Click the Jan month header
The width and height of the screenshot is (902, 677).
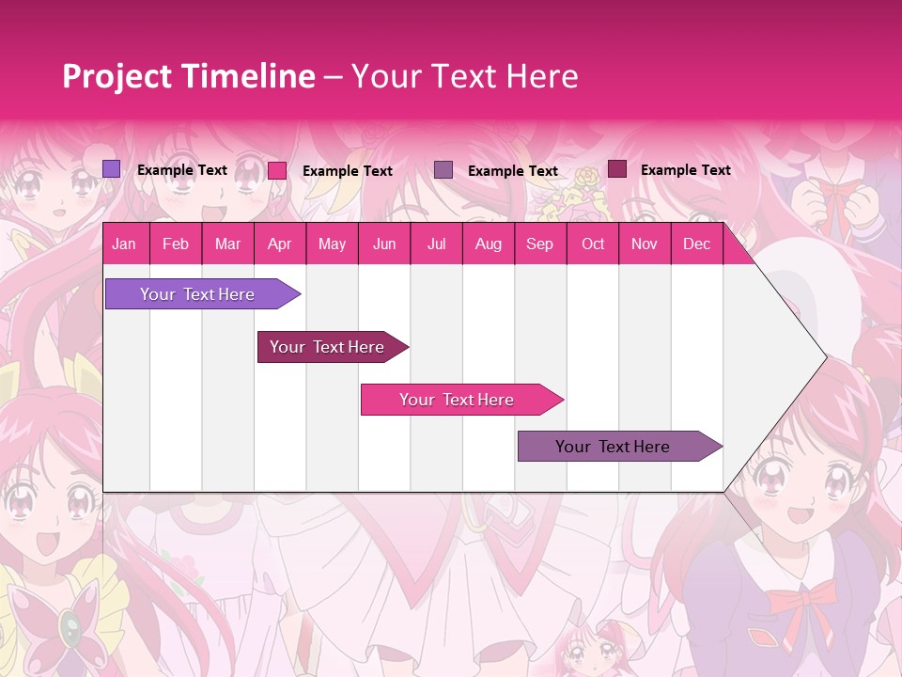pyautogui.click(x=124, y=244)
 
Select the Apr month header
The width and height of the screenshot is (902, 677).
pyautogui.click(x=279, y=244)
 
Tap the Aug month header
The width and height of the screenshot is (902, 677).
pyautogui.click(x=488, y=244)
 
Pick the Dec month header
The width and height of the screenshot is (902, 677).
pyautogui.click(x=696, y=244)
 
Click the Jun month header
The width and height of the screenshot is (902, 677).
pyautogui.click(x=383, y=244)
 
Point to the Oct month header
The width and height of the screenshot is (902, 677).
pyautogui.click(x=592, y=244)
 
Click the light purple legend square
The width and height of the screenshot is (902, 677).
pyautogui.click(x=111, y=169)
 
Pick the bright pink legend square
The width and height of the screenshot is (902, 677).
pyautogui.click(x=277, y=170)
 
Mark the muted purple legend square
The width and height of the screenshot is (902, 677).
pyautogui.click(x=443, y=169)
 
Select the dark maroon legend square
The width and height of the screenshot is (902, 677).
pyautogui.click(x=617, y=169)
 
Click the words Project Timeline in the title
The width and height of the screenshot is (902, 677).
pyautogui.click(x=188, y=76)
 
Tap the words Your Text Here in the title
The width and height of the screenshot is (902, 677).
pyautogui.click(x=464, y=76)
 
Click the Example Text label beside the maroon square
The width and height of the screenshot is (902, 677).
pyautogui.click(x=685, y=169)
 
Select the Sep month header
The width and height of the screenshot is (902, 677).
pyautogui.click(x=539, y=244)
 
